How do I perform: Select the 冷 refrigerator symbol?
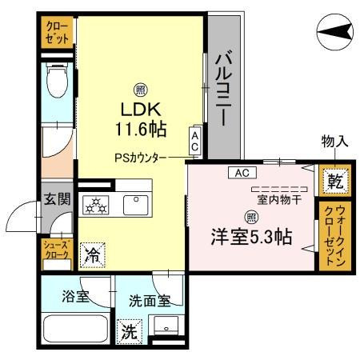(x=93, y=256)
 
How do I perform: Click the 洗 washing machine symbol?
(x=129, y=329)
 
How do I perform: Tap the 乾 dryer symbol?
(x=334, y=182)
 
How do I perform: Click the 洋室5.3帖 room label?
(x=250, y=237)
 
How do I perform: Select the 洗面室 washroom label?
(x=150, y=301)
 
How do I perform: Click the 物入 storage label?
(x=334, y=142)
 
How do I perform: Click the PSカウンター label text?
(x=139, y=158)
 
